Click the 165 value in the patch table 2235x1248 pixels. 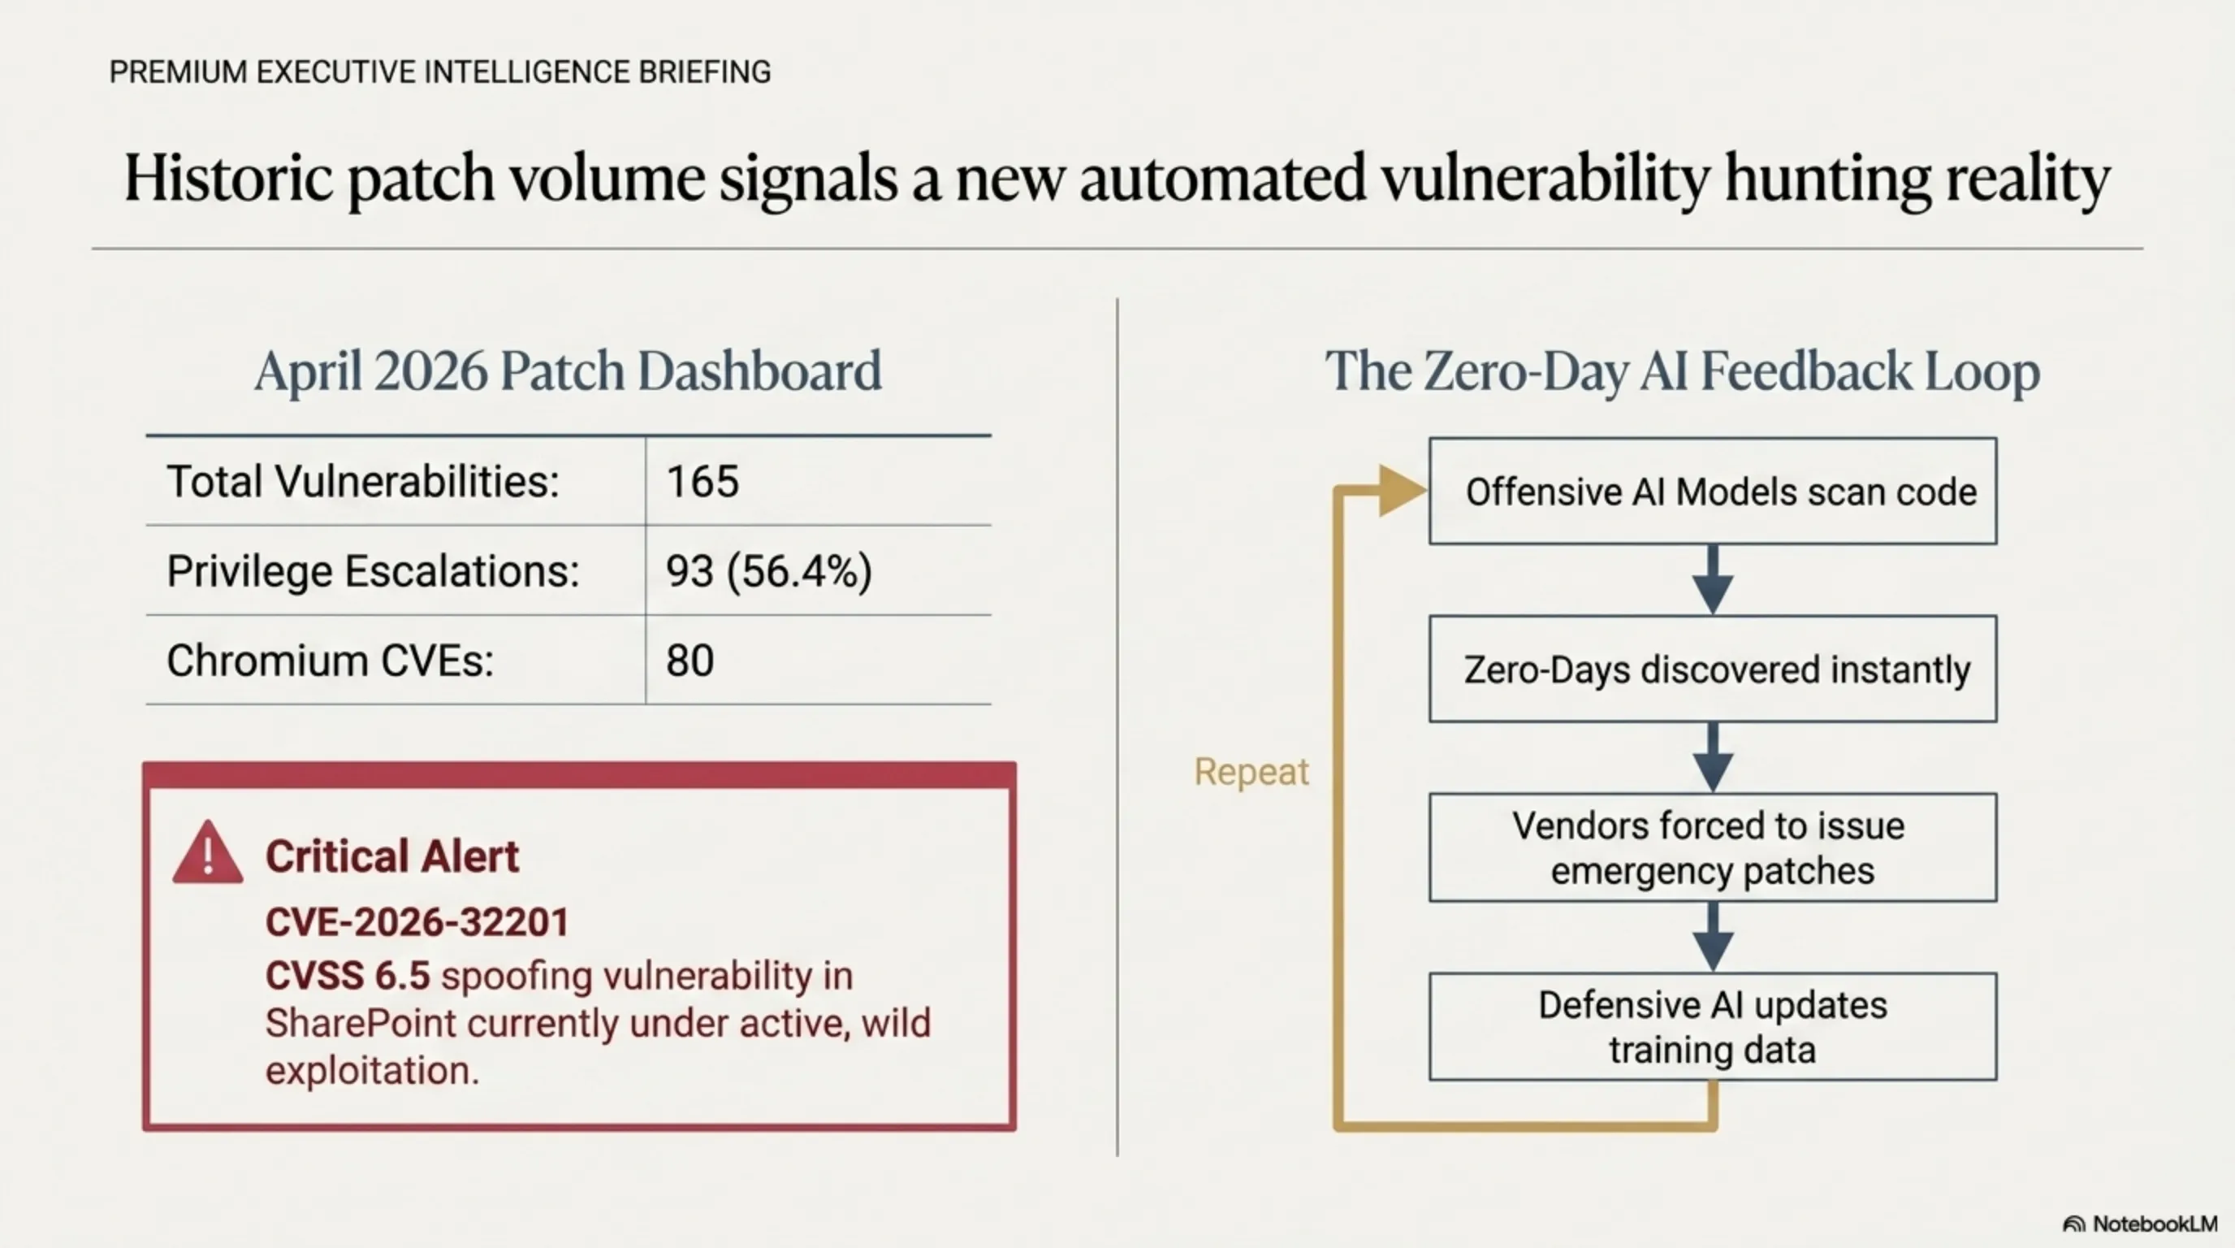coord(702,482)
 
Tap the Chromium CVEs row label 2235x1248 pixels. coord(330,661)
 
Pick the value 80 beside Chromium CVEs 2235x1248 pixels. coord(690,661)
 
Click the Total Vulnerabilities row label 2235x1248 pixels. coord(363,482)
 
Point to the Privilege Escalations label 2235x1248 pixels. coord(372,571)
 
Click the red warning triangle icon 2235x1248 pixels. coord(208,854)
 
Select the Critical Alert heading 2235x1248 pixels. coord(392,856)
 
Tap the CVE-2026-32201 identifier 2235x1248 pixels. coord(417,921)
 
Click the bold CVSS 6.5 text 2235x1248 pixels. coord(347,976)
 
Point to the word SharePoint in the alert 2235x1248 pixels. coord(360,1023)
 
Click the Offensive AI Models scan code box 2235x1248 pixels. coord(1712,492)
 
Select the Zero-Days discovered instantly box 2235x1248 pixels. coord(1712,669)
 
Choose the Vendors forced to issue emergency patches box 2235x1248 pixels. coord(1712,847)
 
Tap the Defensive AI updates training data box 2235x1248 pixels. coord(1712,1027)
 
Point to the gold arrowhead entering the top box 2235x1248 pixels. coord(1398,491)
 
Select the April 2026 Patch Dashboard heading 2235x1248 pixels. coord(568,370)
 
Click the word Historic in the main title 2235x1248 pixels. coord(227,178)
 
